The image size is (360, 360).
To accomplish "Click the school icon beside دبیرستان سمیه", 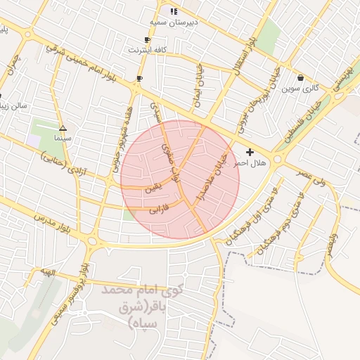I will (x=174, y=11).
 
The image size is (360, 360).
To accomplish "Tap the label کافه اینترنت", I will (x=146, y=51).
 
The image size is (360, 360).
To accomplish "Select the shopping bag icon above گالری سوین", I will (x=301, y=77).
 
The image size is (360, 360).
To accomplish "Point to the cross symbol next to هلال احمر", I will (x=250, y=152).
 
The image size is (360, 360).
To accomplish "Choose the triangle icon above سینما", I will (x=63, y=128).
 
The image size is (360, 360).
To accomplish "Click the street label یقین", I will (x=153, y=188).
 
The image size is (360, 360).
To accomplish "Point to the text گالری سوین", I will (x=300, y=89).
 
